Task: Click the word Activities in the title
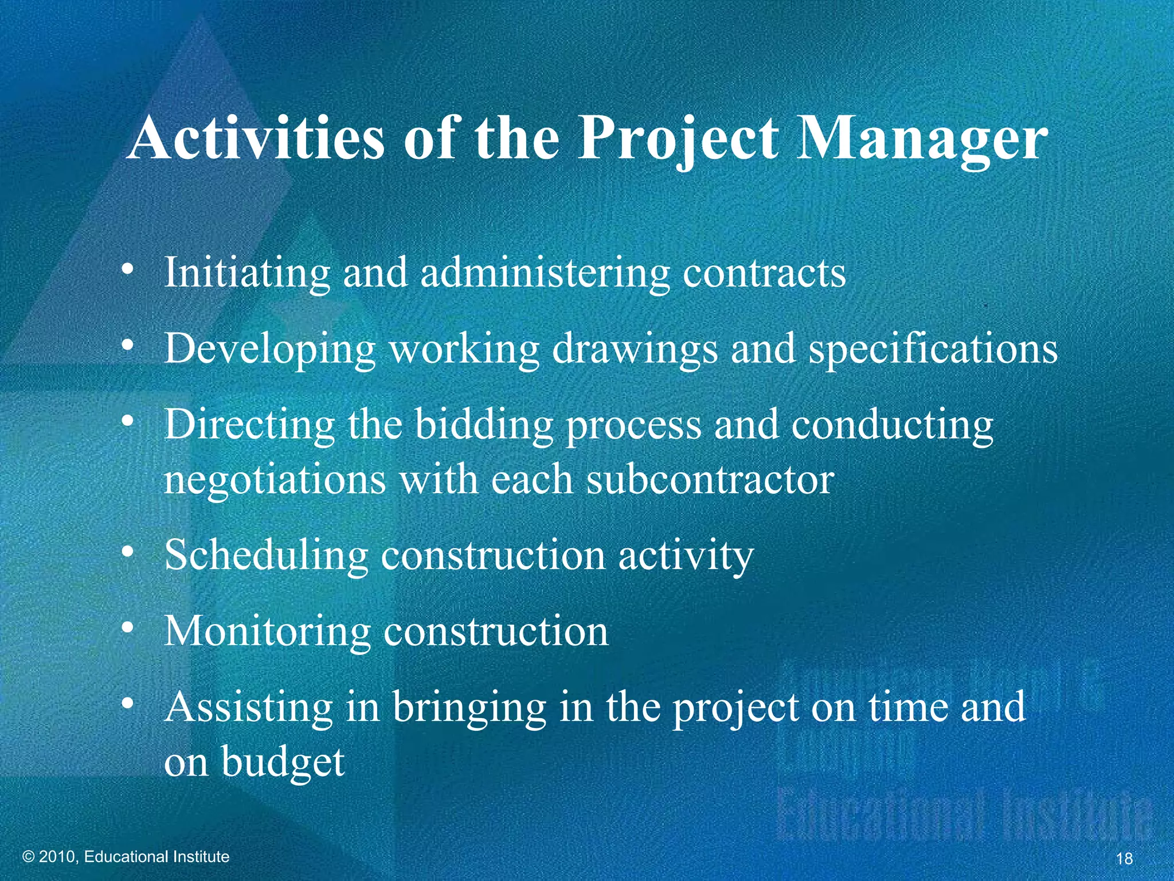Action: click(256, 139)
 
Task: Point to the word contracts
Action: click(764, 272)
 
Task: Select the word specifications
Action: click(933, 349)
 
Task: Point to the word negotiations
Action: click(275, 481)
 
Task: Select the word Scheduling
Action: click(266, 555)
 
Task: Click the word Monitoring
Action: click(268, 631)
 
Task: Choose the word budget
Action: click(283, 763)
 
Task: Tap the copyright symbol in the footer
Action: click(29, 857)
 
